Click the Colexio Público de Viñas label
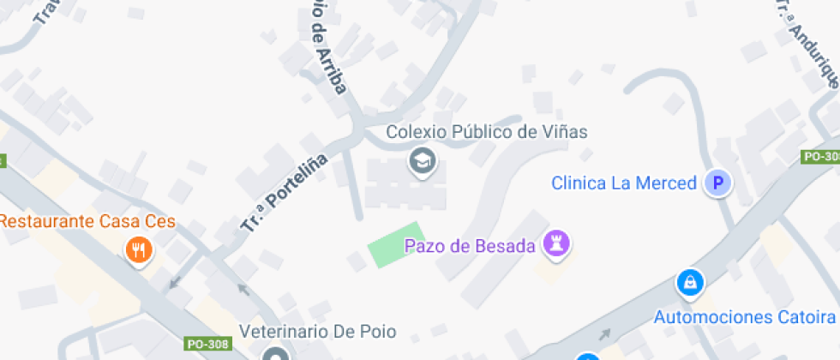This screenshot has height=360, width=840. [x=486, y=132]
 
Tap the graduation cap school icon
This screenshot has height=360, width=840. [x=421, y=160]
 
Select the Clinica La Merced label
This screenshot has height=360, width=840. [x=623, y=183]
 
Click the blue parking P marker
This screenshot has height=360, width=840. [x=718, y=183]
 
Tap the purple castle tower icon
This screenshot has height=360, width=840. [x=557, y=244]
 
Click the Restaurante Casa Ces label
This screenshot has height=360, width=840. [x=87, y=222]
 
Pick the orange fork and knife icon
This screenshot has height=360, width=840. [x=138, y=250]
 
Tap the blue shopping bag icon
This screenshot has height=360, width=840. [x=689, y=282]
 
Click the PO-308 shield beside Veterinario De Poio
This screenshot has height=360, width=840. [x=207, y=344]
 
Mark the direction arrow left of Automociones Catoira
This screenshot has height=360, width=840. [x=606, y=334]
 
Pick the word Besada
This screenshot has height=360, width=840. [x=507, y=247]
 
